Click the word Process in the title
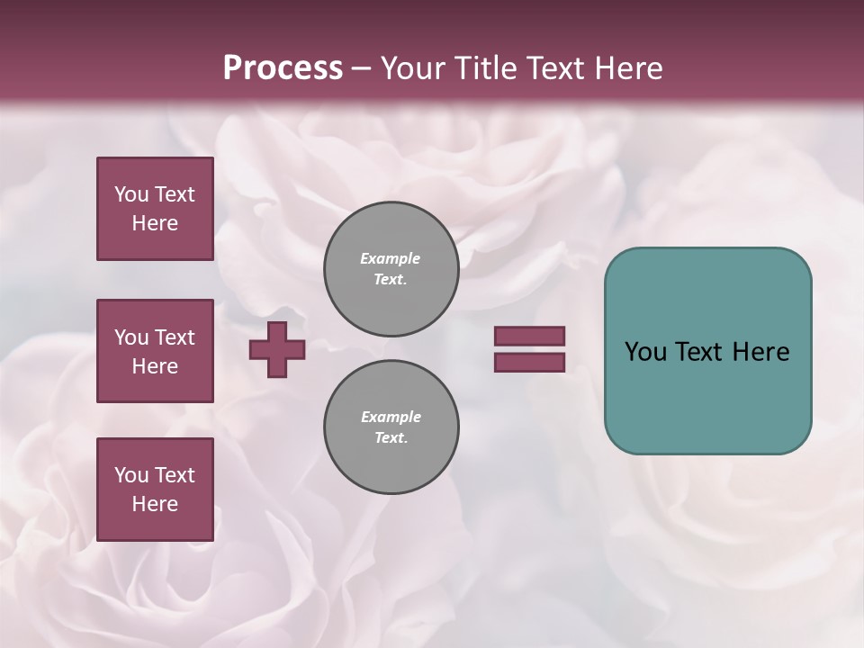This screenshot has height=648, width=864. pos(283,68)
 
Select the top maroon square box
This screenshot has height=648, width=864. pos(155,209)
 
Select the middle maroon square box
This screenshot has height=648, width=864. pos(155,351)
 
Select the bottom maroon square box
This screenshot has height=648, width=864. pos(155,489)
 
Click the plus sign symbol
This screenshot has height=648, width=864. pos(277,349)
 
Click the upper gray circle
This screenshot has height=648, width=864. pos(391,268)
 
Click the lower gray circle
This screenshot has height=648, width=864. pos(391,427)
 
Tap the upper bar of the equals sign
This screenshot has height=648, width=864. pos(529,336)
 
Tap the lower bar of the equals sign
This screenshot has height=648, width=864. pos(529,362)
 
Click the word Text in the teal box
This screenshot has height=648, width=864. pos(699,352)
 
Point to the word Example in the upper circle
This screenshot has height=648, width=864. pos(391,258)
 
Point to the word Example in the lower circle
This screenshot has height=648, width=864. pos(391,417)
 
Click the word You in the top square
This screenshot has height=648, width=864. pos(130,194)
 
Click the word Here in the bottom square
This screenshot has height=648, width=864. pos(155,504)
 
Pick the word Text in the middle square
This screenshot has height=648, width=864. pos(174,337)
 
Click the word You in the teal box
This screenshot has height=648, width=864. pos(645,352)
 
